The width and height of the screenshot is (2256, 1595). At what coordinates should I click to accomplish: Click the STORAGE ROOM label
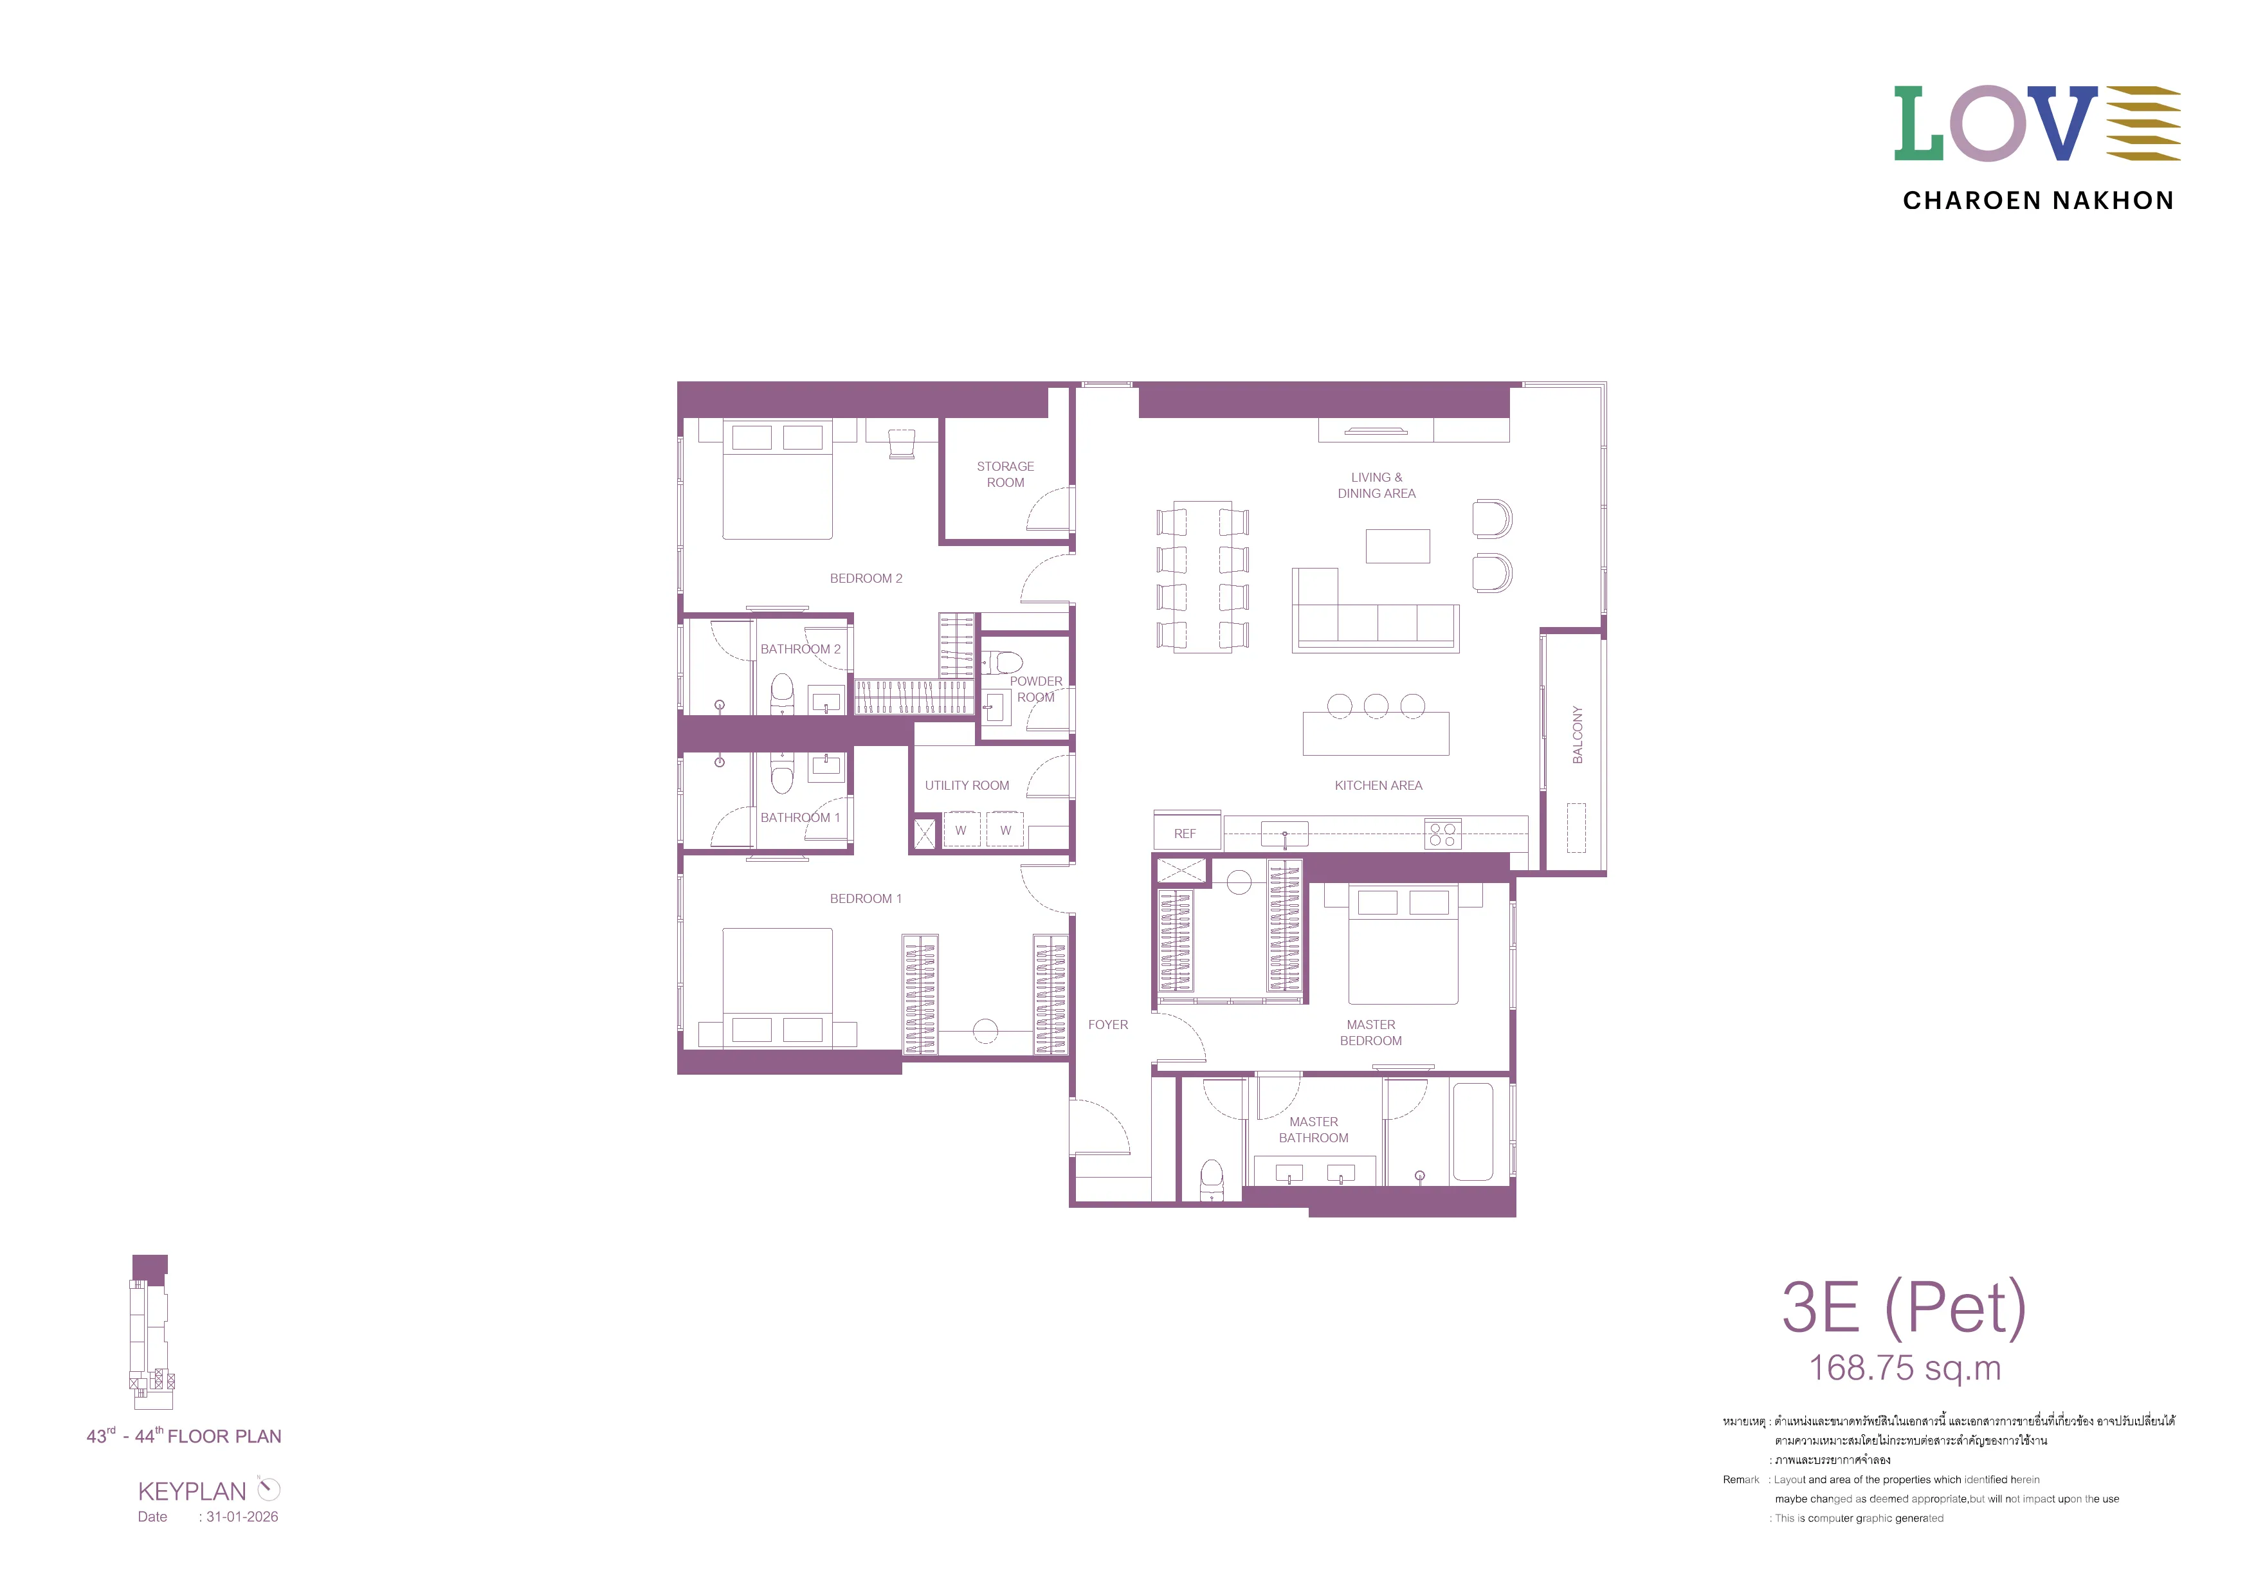click(1005, 475)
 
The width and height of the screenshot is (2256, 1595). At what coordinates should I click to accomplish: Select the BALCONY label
click(1577, 735)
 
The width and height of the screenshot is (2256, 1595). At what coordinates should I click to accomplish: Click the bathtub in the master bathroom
click(1473, 1131)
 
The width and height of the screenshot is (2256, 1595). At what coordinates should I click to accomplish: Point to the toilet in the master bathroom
click(1212, 1180)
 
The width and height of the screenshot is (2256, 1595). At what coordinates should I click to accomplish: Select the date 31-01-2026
click(242, 1517)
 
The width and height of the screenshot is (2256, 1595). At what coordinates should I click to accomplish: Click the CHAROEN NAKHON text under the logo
click(2038, 201)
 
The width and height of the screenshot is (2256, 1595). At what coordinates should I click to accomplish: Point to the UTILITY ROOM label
click(967, 786)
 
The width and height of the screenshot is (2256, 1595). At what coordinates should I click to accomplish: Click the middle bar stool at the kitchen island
click(1376, 706)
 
